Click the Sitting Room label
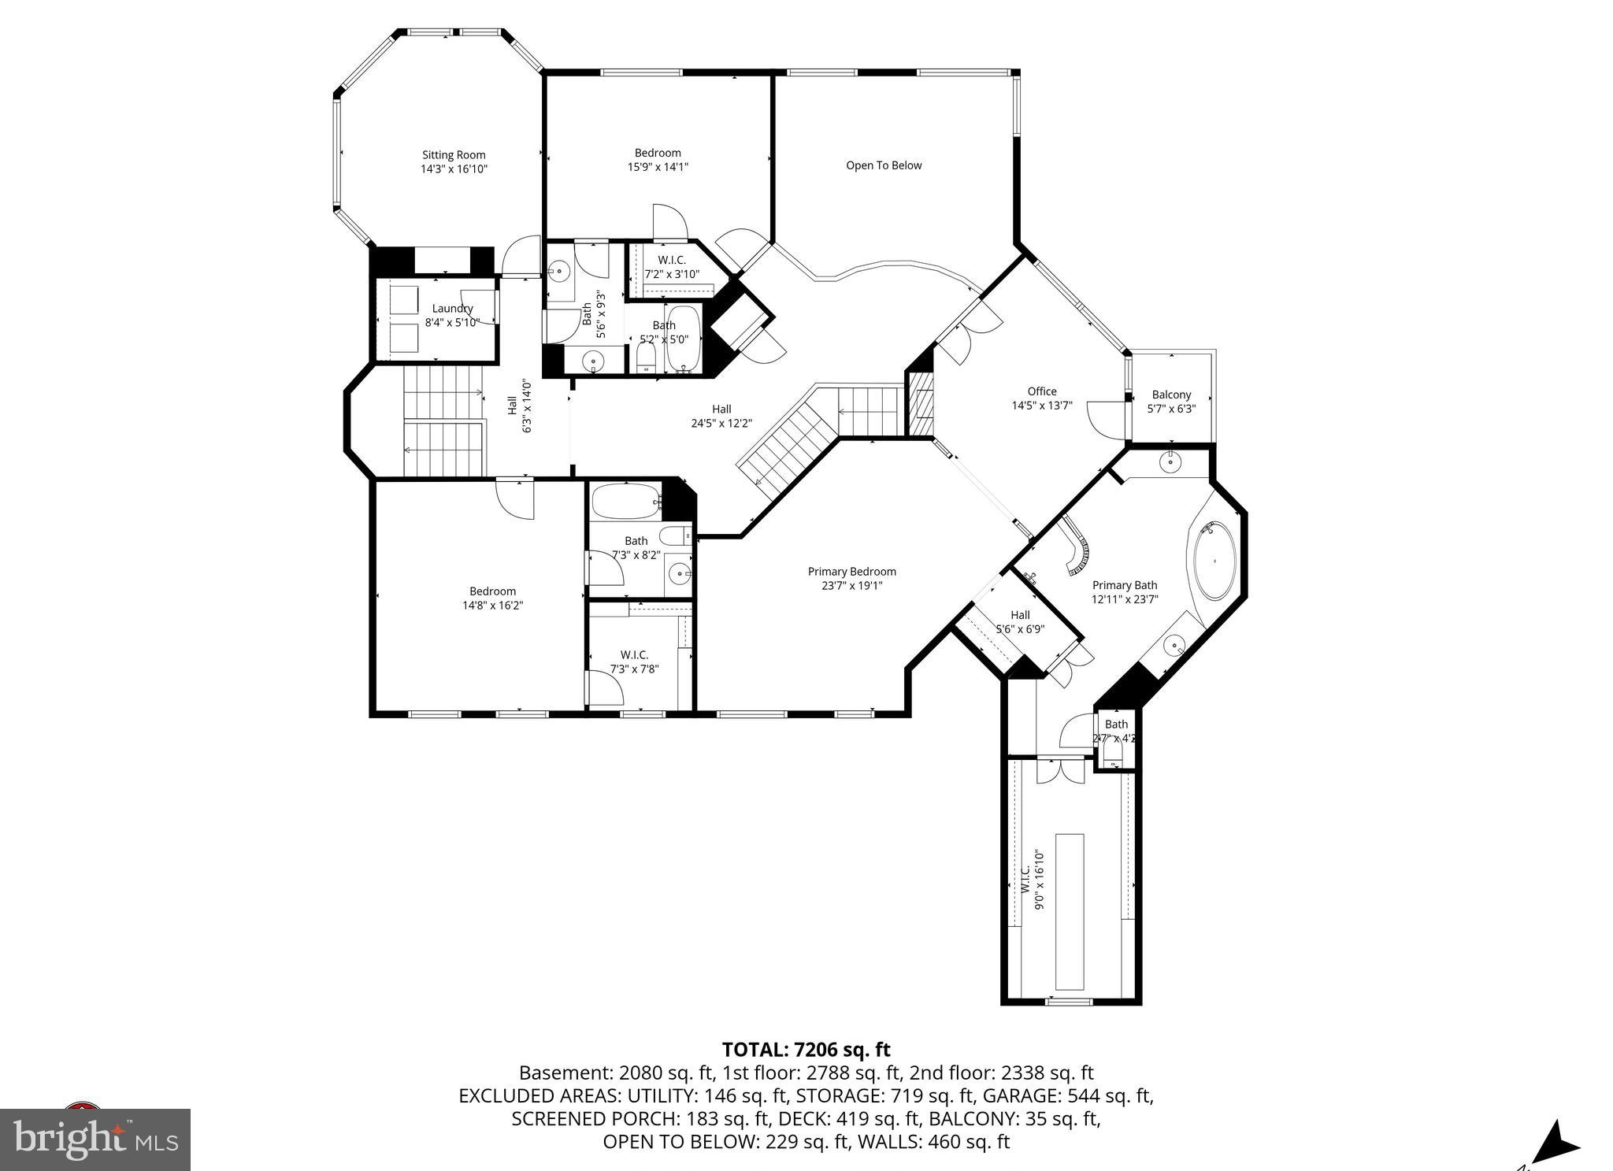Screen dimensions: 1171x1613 [x=454, y=155]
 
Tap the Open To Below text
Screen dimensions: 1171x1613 [x=884, y=165]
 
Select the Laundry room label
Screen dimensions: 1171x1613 [x=452, y=309]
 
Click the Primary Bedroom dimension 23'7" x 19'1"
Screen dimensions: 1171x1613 [x=851, y=586]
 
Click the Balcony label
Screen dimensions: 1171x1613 [x=1171, y=395]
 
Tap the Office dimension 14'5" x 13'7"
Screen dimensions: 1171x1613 [x=1042, y=406]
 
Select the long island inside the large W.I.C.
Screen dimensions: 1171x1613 [x=1070, y=911]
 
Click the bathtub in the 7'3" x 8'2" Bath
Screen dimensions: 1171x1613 [x=625, y=501]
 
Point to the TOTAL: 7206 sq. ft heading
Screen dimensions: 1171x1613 [x=806, y=1050]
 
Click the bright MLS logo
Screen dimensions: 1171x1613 [x=95, y=1139]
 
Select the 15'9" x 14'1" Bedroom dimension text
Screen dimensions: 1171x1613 [x=658, y=167]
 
